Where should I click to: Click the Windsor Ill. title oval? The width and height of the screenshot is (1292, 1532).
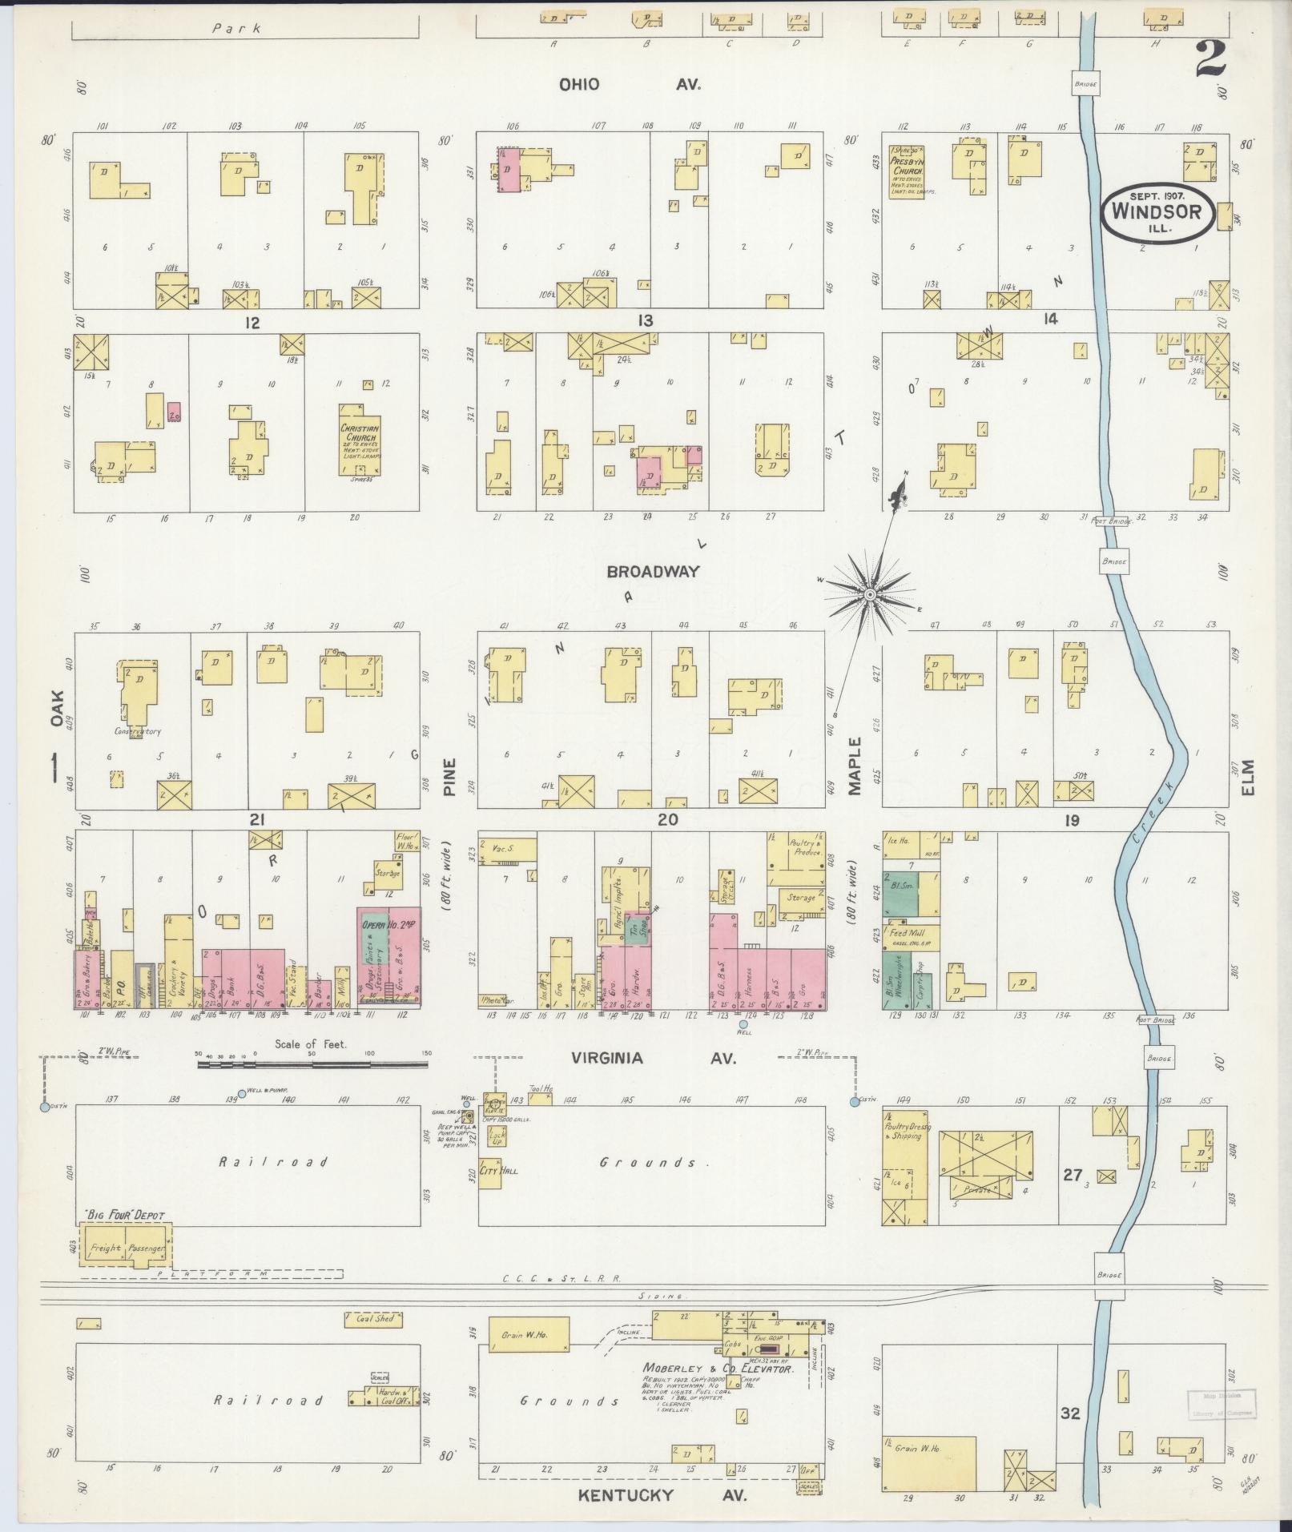[1160, 212]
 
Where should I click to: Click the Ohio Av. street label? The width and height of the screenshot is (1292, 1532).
[630, 84]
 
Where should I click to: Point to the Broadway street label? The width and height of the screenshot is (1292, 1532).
[653, 572]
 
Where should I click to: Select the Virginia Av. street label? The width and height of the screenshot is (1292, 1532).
[653, 1058]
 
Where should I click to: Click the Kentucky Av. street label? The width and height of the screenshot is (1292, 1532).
[662, 1495]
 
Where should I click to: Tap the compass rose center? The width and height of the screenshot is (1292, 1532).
[869, 593]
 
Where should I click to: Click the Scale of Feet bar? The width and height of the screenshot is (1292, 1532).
[312, 1064]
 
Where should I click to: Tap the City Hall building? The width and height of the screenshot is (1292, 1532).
[490, 1172]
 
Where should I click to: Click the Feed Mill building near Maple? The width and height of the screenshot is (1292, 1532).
[910, 934]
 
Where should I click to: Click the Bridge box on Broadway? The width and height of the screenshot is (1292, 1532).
[1113, 561]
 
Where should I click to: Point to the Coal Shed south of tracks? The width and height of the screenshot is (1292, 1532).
[374, 1318]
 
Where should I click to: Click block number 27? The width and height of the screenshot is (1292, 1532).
[1073, 1175]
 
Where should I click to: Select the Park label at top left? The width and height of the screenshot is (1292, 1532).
[236, 28]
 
